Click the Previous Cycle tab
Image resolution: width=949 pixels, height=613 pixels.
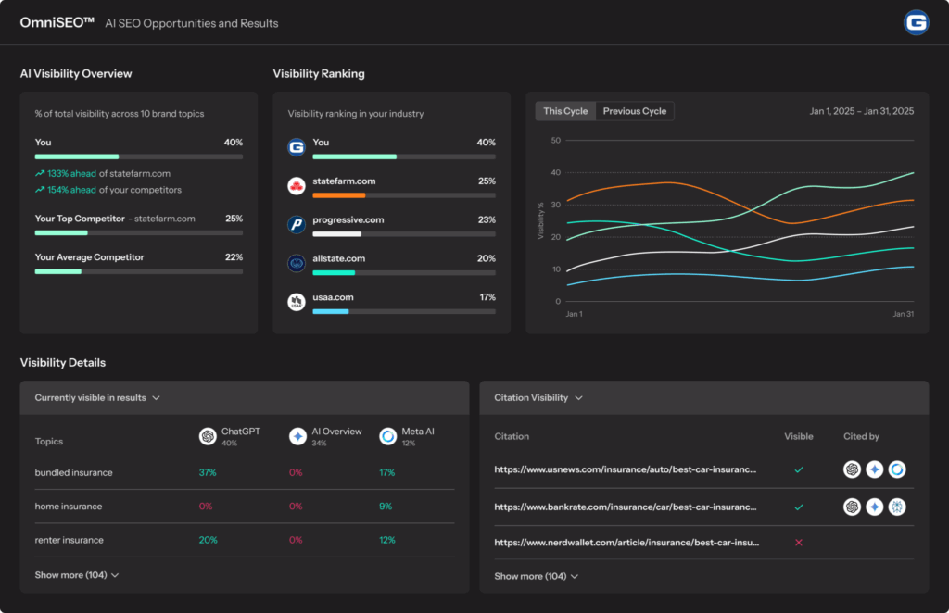[634, 111]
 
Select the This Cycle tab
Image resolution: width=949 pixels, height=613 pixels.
[565, 111]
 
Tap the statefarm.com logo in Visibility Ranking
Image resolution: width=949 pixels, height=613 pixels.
[296, 185]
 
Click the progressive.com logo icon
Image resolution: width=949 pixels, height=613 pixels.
[296, 224]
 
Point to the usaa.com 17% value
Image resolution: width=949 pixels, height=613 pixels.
[487, 297]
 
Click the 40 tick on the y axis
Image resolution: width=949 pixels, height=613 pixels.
[556, 172]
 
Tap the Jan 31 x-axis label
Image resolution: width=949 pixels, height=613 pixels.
[903, 314]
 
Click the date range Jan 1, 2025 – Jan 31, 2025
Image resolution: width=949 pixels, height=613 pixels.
[862, 111]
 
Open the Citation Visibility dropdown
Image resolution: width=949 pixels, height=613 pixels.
[538, 398]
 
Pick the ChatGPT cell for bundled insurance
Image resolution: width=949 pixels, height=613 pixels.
[208, 472]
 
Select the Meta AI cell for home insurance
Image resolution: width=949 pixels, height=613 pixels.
[386, 506]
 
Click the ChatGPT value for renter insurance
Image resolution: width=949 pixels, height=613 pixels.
[208, 540]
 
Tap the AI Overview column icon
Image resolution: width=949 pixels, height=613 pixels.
[297, 436]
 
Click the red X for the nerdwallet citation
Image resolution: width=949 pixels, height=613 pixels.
[798, 543]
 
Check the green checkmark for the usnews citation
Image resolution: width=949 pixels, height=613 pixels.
[798, 469]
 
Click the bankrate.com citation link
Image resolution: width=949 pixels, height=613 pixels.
[626, 507]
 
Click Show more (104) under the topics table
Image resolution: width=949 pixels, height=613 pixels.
[76, 575]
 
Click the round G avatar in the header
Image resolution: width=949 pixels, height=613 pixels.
[916, 23]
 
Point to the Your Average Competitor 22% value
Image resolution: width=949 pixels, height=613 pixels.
[234, 256]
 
